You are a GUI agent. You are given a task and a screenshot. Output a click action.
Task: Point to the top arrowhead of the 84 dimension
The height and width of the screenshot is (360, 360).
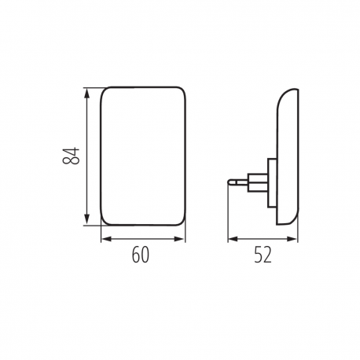click(x=86, y=90)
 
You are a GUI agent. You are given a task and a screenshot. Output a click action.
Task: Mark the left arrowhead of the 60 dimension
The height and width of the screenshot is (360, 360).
click(x=105, y=239)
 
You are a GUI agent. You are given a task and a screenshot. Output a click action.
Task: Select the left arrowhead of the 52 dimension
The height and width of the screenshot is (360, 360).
click(x=232, y=239)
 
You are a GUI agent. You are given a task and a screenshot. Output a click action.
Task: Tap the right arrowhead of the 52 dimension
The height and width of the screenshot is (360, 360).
click(x=295, y=239)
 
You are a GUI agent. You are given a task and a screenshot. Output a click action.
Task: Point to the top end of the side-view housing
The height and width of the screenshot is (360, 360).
click(x=290, y=89)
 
